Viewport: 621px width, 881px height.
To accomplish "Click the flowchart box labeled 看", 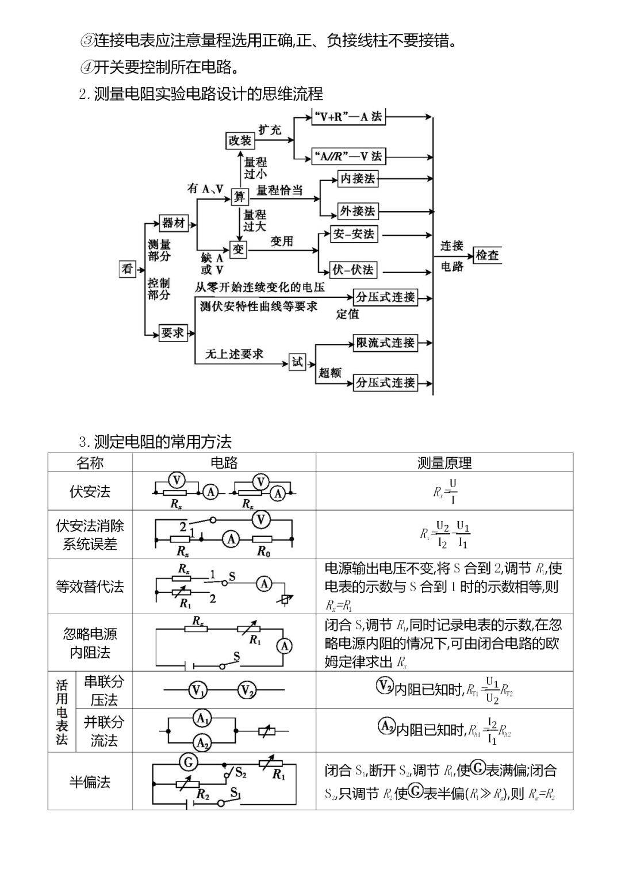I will (127, 269).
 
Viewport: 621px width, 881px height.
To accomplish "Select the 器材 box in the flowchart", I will (174, 223).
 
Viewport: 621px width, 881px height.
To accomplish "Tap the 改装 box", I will (240, 140).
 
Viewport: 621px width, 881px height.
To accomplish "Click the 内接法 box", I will (358, 179).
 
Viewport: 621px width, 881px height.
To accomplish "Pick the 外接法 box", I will (358, 211).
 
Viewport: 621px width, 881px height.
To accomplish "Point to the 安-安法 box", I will (354, 234).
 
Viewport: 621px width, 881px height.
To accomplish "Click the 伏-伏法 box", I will (354, 270).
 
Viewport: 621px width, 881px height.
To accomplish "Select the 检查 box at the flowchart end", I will (487, 255).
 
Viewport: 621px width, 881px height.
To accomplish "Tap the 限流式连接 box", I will (385, 343).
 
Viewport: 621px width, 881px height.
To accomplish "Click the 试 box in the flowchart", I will (297, 362).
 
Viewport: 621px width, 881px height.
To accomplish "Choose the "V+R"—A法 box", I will (348, 117).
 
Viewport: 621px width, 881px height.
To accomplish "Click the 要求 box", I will (173, 333).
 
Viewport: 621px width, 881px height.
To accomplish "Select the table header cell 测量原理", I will (444, 463).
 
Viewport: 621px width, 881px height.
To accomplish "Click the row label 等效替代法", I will (90, 587).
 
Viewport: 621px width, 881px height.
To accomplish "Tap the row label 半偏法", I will (90, 782).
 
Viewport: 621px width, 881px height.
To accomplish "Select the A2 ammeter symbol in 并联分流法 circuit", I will (202, 743).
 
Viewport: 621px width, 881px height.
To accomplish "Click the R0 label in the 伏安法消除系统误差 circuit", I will (263, 552).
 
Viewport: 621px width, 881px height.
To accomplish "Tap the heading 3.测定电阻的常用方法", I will (155, 442).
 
